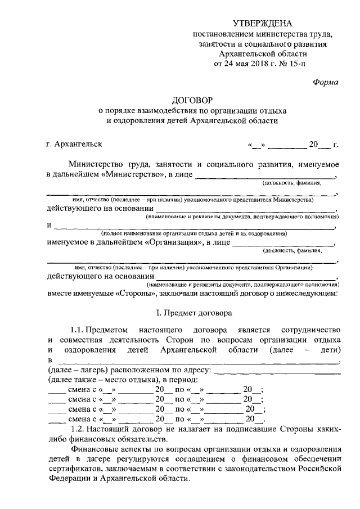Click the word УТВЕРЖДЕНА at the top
(263, 23)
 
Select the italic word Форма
(325, 82)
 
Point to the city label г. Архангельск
(74, 144)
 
